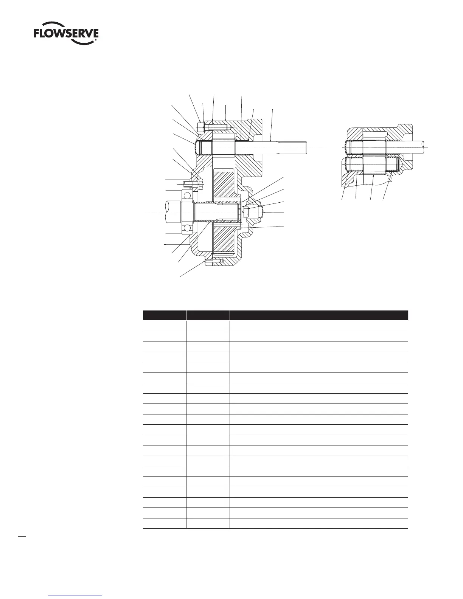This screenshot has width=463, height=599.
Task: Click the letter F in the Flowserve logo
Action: pos(37,34)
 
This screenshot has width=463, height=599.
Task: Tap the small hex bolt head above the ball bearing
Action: pos(200,184)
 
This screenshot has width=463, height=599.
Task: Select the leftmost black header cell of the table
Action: pos(164,315)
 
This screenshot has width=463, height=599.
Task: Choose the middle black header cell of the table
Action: pos(208,315)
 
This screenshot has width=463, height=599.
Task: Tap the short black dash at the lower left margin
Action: pos(22,536)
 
